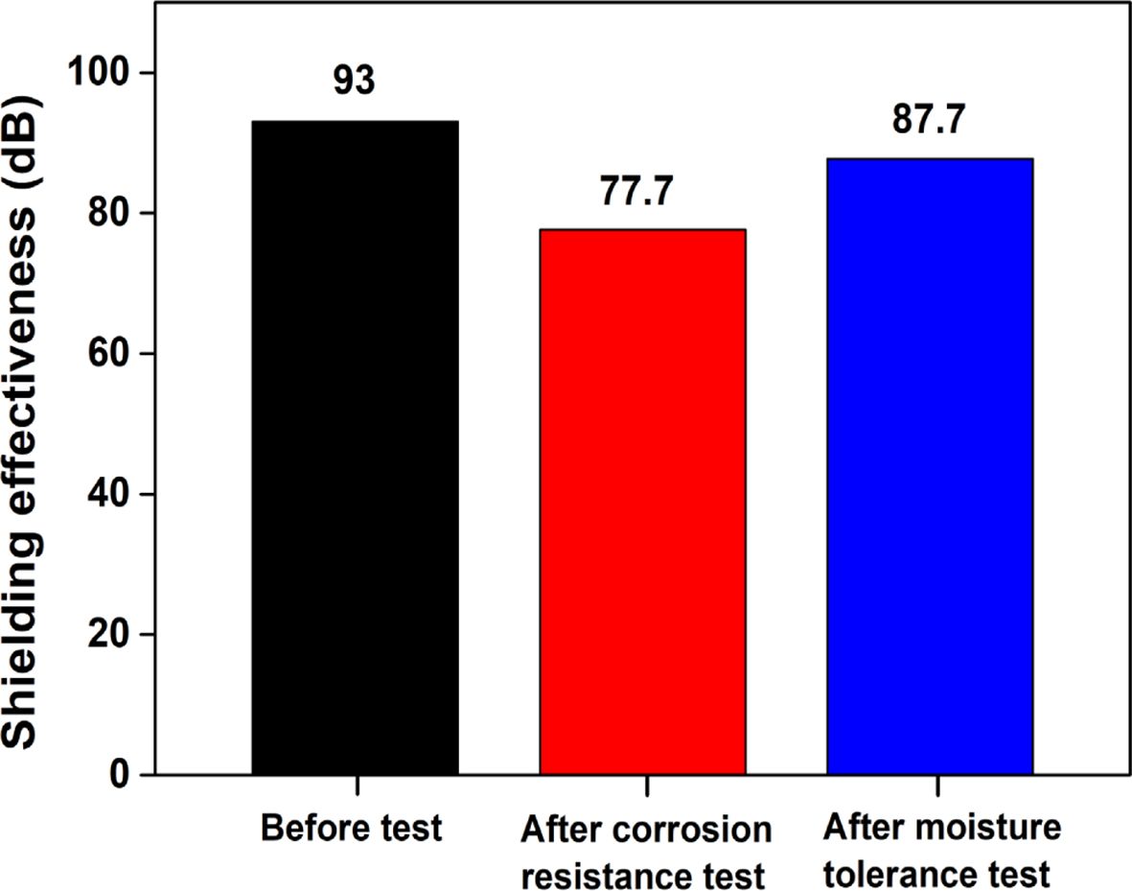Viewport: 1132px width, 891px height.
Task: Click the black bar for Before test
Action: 355,447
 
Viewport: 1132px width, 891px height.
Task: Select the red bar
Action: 642,501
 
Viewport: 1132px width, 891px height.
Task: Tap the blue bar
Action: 930,466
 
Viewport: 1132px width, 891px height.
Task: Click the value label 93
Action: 355,82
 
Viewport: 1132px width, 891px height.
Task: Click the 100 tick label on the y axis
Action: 98,74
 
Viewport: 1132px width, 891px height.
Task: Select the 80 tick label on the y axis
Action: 107,214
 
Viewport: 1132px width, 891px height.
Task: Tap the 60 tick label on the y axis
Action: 107,354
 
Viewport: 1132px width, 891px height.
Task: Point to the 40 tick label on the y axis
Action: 107,494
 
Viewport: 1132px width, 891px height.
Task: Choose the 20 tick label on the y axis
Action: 107,634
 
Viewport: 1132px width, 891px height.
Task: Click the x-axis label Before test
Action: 353,827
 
